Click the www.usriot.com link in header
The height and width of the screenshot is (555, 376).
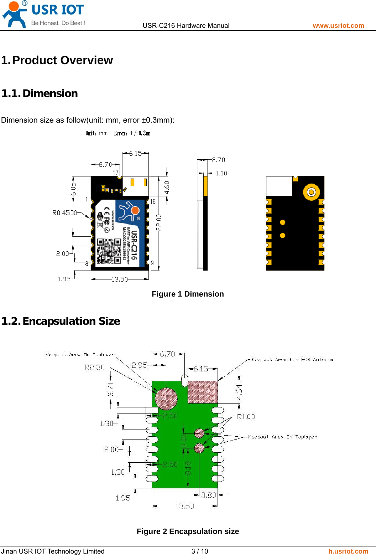point(338,26)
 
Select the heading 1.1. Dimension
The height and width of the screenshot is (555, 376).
point(40,93)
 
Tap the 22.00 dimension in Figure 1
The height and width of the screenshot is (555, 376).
point(159,222)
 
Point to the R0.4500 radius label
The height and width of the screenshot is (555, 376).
point(64,213)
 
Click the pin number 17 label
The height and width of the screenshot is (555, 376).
point(115,173)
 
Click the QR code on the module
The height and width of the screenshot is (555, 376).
point(109,251)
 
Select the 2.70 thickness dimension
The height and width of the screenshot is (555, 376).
point(218,160)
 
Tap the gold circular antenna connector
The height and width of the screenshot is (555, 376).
point(311,192)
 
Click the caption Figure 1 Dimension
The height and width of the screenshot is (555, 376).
point(188,294)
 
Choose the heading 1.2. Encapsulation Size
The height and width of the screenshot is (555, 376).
point(61,321)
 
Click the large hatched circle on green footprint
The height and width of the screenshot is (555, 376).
point(166,399)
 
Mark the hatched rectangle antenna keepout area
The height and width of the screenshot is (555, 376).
point(203,392)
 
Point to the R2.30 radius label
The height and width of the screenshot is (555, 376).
point(94,368)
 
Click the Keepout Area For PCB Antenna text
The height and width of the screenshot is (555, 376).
point(292,360)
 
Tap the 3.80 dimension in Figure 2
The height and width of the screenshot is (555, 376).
point(209,495)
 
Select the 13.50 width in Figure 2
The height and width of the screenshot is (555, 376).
point(184,506)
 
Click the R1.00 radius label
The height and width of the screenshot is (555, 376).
point(246,417)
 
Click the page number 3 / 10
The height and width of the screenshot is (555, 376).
point(200,551)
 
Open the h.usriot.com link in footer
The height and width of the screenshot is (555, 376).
point(348,551)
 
